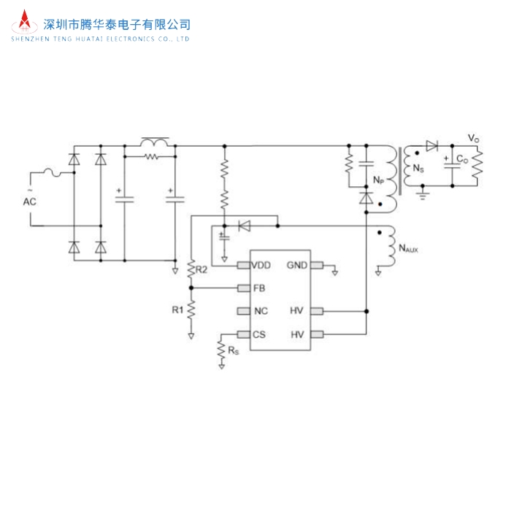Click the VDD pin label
pyautogui.click(x=261, y=265)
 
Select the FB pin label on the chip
pyautogui.click(x=259, y=288)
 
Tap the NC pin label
pyautogui.click(x=261, y=312)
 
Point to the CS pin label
pyautogui.click(x=259, y=334)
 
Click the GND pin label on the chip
pyautogui.click(x=297, y=265)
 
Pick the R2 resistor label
pyautogui.click(x=202, y=269)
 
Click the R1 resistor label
pyautogui.click(x=177, y=310)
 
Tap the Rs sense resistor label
pyautogui.click(x=233, y=351)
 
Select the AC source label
pyautogui.click(x=30, y=200)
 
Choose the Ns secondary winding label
pyautogui.click(x=418, y=169)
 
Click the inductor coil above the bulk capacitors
pyautogui.click(x=155, y=142)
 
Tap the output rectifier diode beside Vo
pyautogui.click(x=432, y=146)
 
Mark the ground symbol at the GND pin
pyautogui.click(x=334, y=274)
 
